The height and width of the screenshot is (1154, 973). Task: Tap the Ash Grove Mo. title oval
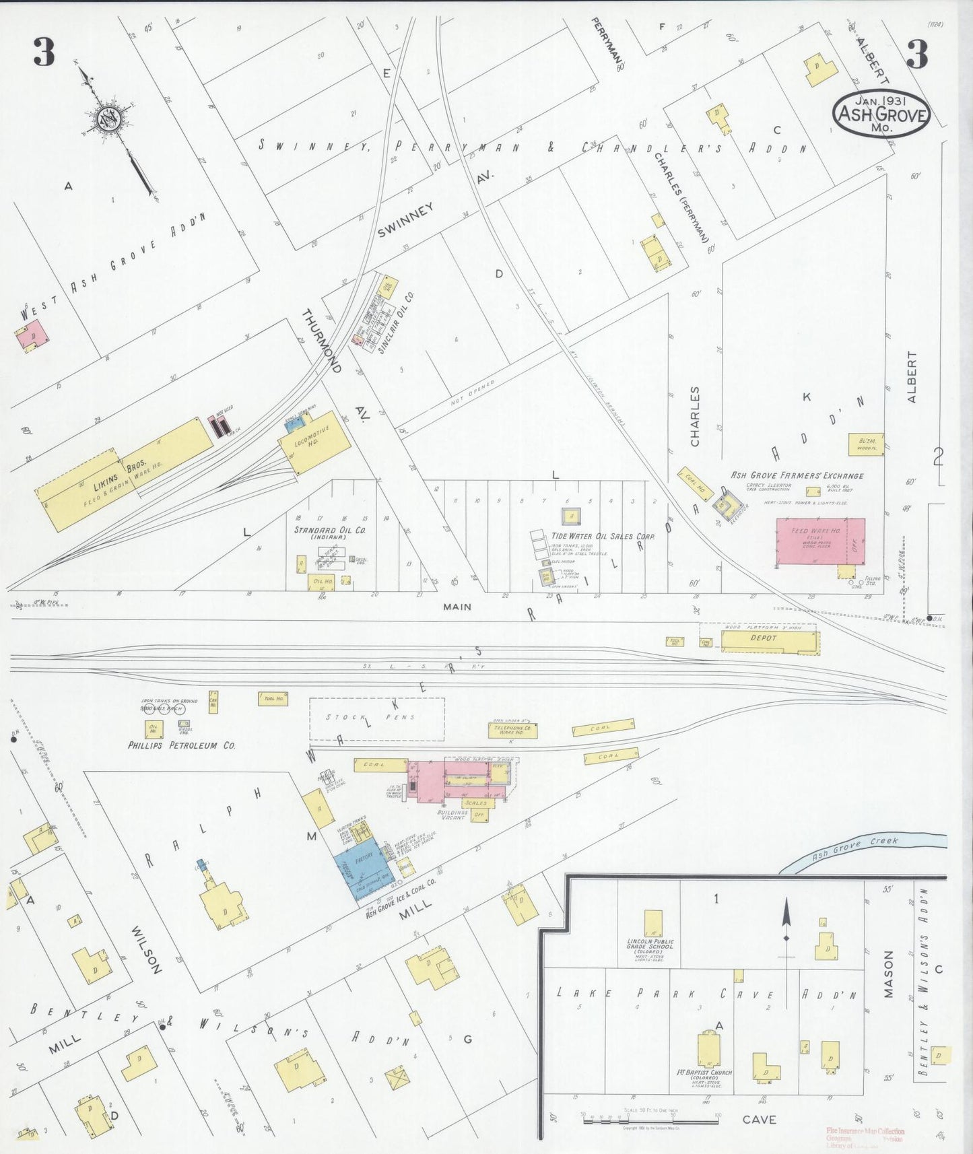coord(881,114)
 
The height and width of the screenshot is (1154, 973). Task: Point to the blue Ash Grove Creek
coord(862,849)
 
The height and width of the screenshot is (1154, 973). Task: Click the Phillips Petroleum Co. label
coord(182,745)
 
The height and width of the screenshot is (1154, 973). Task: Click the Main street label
coord(457,607)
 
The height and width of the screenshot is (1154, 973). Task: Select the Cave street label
coord(759,1120)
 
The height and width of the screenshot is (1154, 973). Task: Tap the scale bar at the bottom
coord(650,1120)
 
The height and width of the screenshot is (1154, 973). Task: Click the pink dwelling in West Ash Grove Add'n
coord(29,335)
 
